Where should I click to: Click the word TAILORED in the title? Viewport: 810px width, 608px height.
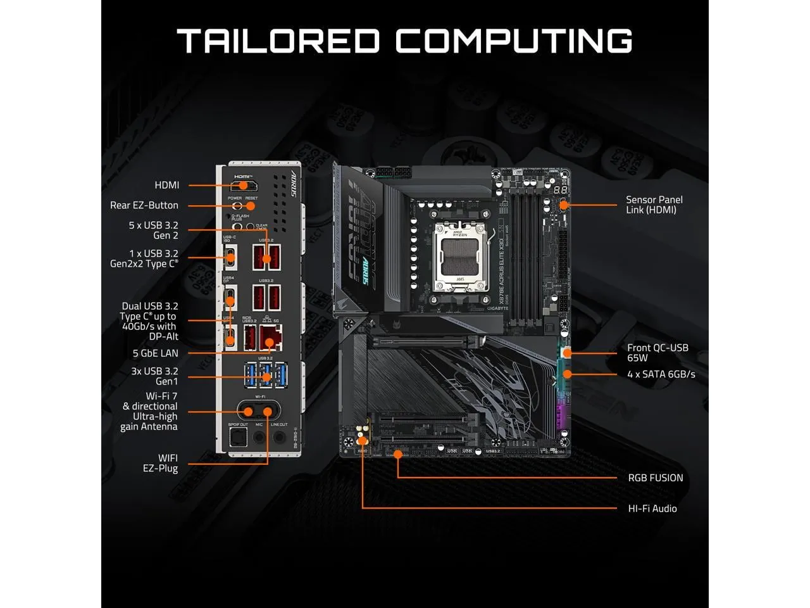pos(278,41)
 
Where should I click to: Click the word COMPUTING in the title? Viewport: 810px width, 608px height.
pos(514,41)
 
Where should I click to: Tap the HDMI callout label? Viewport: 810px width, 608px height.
pos(167,185)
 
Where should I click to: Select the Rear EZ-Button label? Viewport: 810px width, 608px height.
pos(144,205)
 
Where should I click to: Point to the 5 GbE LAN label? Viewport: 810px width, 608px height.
pos(156,353)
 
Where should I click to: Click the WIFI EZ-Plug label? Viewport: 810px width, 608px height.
pos(161,463)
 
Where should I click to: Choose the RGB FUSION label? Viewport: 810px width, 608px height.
pos(655,478)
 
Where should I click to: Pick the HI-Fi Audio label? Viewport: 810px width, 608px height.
pos(652,509)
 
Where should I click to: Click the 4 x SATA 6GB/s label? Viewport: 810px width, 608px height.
pos(661,374)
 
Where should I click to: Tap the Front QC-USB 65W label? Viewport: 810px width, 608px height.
pos(657,353)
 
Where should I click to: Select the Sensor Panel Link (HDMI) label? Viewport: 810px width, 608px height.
pos(654,205)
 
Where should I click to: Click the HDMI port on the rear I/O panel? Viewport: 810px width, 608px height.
pos(243,186)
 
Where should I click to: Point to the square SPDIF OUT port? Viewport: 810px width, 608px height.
pos(239,436)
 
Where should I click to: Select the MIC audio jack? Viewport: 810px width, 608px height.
pos(259,436)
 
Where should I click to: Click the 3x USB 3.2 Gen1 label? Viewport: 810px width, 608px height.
pos(154,376)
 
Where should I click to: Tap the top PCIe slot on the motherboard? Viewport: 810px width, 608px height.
pos(420,342)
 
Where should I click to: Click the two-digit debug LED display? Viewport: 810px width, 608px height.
pos(559,190)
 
